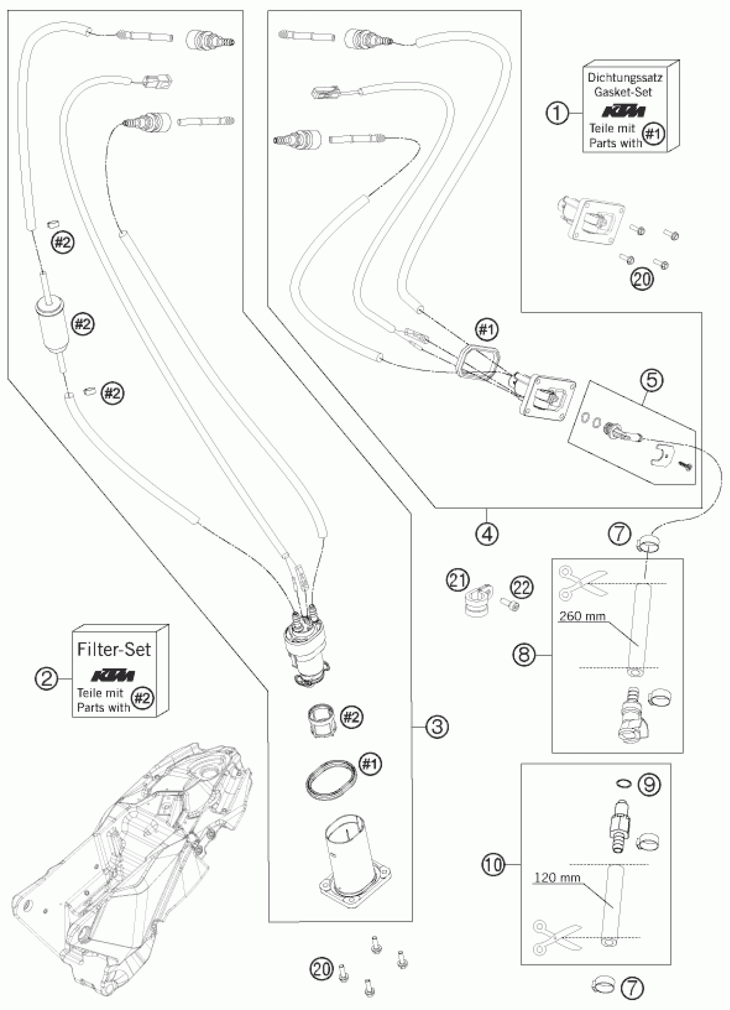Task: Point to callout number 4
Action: coord(487,532)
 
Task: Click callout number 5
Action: coord(651,380)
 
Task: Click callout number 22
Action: coord(522,588)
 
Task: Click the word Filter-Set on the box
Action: coord(114,649)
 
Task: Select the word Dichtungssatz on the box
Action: coord(625,77)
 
